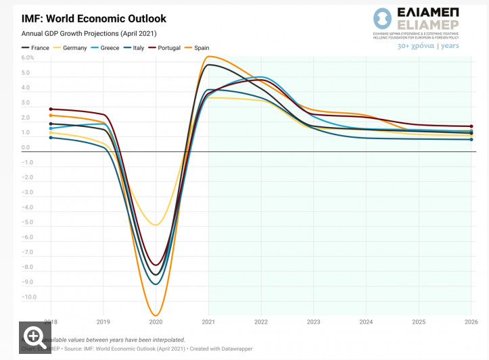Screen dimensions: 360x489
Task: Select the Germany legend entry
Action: [74, 48]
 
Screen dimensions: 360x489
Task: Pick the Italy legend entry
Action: [138, 48]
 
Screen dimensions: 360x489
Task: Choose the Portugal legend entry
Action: [168, 48]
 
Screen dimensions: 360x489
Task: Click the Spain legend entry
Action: [202, 48]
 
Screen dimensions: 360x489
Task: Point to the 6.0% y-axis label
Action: [28, 58]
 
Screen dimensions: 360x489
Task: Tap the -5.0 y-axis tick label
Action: [27, 222]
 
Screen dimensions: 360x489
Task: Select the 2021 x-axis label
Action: [208, 322]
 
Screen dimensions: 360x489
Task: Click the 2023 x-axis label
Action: [313, 322]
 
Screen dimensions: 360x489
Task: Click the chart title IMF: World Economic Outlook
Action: [94, 19]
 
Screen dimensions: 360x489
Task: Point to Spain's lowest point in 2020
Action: [156, 315]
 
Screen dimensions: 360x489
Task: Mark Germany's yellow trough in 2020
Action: [156, 225]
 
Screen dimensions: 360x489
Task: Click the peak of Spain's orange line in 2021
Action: [209, 57]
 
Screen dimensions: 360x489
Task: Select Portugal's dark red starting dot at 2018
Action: [51, 109]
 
